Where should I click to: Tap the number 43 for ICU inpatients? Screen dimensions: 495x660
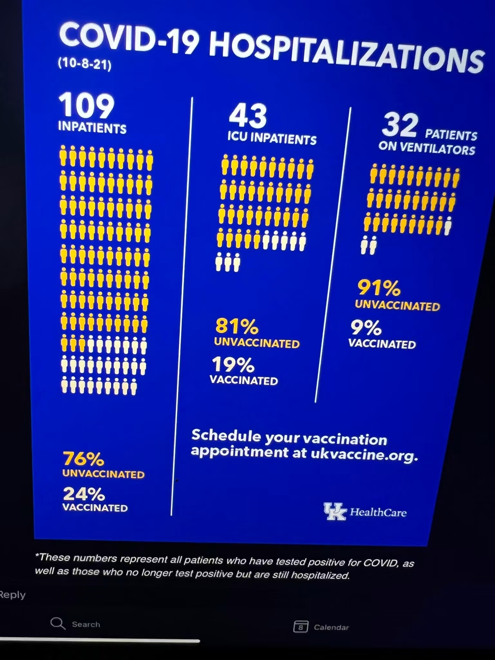[248, 116]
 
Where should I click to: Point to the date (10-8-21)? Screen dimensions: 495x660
[85, 64]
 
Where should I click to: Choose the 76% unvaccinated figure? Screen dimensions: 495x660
[83, 459]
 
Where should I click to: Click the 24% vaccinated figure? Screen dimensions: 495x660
[84, 493]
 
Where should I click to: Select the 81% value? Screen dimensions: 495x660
[237, 326]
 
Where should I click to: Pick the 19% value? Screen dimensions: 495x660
[233, 364]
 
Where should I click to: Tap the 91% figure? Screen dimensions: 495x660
[379, 288]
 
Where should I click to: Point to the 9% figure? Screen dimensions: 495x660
[366, 328]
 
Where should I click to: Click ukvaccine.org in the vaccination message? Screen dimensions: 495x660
[364, 454]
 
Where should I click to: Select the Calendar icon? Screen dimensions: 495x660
[300, 626]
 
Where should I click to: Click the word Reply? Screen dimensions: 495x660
[12, 595]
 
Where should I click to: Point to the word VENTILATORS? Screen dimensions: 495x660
[437, 149]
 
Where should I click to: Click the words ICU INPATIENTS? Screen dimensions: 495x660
[272, 138]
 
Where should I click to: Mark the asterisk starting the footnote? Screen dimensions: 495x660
[37, 555]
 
